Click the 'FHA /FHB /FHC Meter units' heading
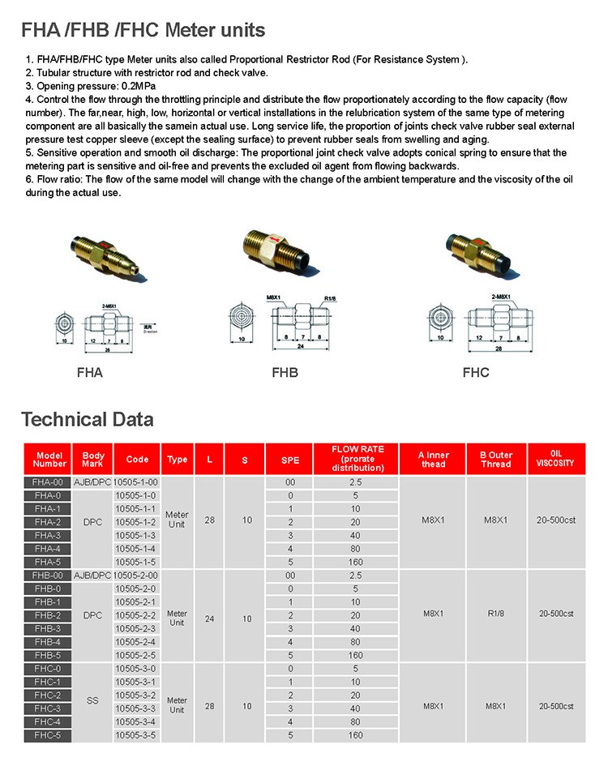(143, 31)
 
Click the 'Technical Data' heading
(87, 419)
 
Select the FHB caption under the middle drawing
(284, 374)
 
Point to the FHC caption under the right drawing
(476, 374)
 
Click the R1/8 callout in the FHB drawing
(330, 298)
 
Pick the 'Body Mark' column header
(93, 460)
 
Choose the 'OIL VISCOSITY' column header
(555, 460)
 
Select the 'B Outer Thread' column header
(495, 460)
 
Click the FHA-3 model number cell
(48, 535)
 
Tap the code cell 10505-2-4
(136, 642)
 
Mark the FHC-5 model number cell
(48, 735)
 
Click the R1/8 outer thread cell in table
(495, 614)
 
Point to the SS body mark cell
(93, 701)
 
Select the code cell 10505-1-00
(137, 482)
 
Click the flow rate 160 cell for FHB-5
(355, 655)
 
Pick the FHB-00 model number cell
(48, 575)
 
